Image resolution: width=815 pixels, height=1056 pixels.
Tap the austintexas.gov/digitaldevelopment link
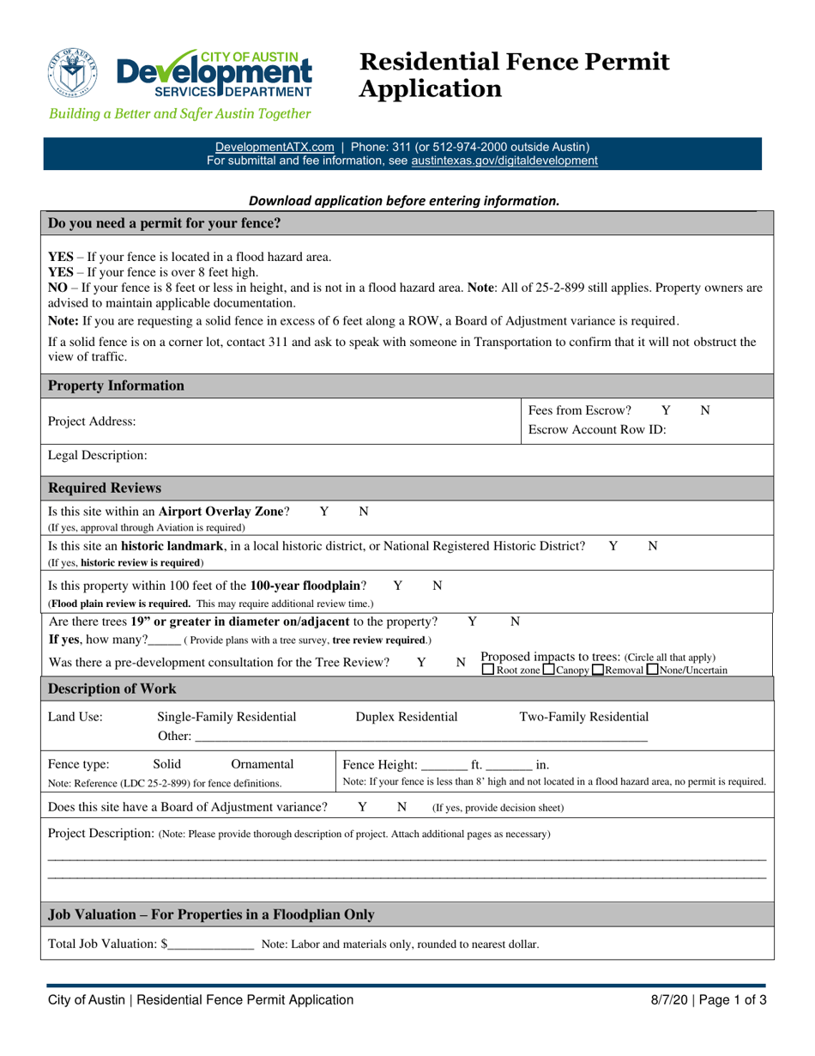pos(504,160)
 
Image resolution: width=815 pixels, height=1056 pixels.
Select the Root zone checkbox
pos(488,670)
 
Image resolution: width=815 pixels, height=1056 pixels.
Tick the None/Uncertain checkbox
pos(654,670)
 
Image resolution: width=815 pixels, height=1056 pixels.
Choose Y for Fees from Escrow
pos(666,411)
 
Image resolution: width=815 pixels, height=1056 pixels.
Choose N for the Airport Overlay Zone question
pos(363,512)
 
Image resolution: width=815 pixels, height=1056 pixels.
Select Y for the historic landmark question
pos(613,546)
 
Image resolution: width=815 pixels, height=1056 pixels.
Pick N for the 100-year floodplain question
pos(437,586)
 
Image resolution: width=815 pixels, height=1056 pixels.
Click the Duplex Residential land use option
pos(407,717)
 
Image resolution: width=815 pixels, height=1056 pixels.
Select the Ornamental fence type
pos(263,764)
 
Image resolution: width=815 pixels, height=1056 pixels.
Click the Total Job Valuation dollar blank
pos(210,944)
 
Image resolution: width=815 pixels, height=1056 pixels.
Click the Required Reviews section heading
pos(105,489)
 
